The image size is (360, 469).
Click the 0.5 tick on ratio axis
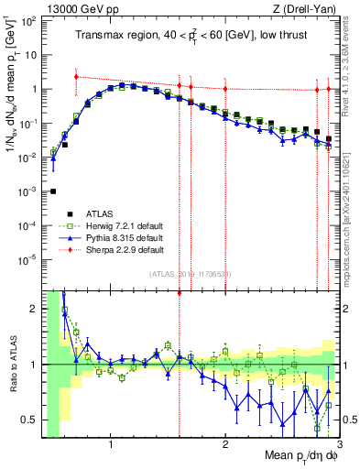[31, 420]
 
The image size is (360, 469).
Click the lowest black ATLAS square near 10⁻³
[53, 191]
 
